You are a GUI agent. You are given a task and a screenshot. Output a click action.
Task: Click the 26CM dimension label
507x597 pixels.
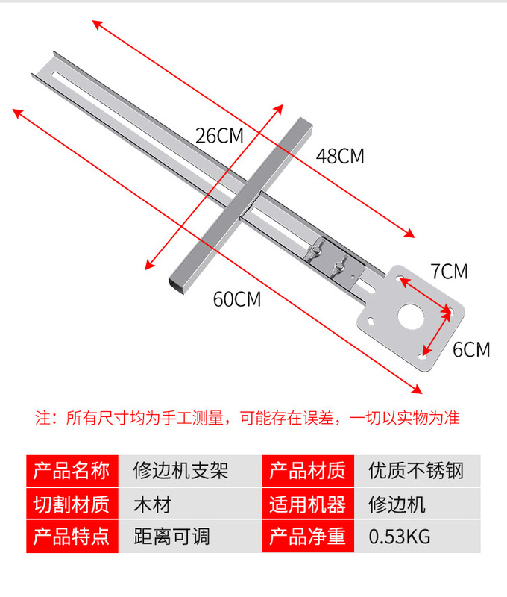tap(220, 136)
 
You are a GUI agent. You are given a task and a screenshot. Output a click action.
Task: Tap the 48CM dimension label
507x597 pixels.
tap(340, 156)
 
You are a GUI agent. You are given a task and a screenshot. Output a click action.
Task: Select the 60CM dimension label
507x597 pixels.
tap(237, 299)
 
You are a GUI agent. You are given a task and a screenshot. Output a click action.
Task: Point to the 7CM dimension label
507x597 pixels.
tap(449, 272)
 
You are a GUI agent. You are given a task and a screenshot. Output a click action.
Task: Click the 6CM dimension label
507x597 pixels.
tap(471, 348)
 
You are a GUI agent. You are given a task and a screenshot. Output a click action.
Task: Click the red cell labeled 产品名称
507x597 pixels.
tap(72, 471)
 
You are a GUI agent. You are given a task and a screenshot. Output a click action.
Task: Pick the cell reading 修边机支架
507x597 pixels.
tap(180, 471)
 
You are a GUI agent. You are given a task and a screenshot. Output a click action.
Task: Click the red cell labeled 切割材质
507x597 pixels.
tap(72, 504)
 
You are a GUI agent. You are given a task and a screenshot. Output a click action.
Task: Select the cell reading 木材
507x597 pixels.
tap(152, 504)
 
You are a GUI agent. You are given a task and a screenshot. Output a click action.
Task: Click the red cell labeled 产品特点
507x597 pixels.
tap(72, 537)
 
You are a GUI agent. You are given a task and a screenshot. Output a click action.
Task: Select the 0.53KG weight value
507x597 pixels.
tap(400, 537)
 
